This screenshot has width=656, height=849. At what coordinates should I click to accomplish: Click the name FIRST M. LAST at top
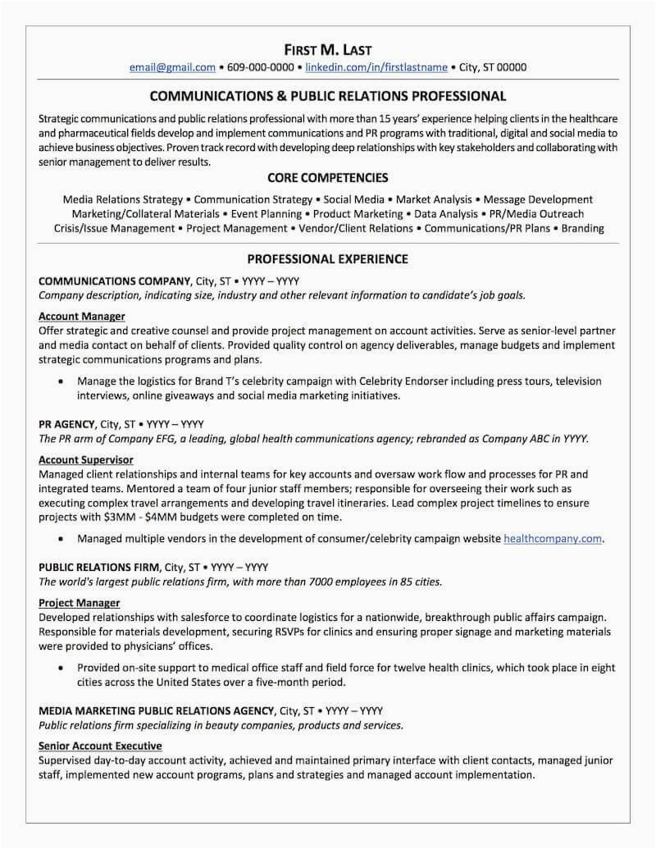(327, 49)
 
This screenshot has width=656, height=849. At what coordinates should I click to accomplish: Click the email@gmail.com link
(172, 67)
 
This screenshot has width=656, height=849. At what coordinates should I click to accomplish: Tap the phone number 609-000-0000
(260, 67)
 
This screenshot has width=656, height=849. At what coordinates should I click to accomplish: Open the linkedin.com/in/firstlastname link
(376, 67)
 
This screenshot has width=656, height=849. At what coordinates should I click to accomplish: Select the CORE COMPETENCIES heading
(327, 178)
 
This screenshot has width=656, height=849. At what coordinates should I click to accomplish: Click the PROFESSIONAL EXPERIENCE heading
(327, 259)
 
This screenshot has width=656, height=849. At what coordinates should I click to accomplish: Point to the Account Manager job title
(81, 316)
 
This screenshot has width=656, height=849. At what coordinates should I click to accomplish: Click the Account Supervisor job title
(85, 460)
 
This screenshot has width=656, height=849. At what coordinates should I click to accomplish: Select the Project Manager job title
(79, 604)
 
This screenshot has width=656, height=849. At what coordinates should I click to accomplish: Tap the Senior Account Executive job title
(100, 746)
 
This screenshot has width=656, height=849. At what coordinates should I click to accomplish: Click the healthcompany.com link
(553, 539)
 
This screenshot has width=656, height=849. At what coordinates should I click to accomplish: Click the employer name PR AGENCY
(68, 424)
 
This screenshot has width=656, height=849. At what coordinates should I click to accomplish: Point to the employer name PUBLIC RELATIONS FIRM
(99, 568)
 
